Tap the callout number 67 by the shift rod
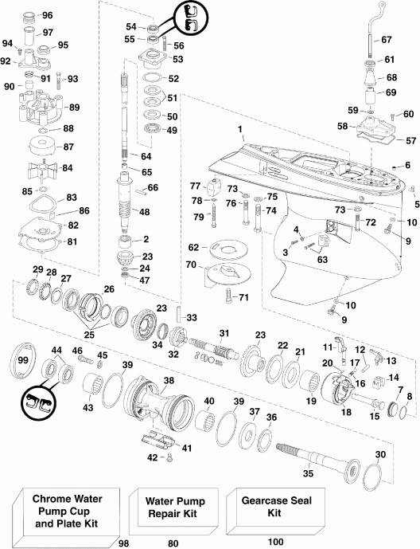pos(387,39)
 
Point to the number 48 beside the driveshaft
pos(144,212)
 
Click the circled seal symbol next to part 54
pos(188,14)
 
